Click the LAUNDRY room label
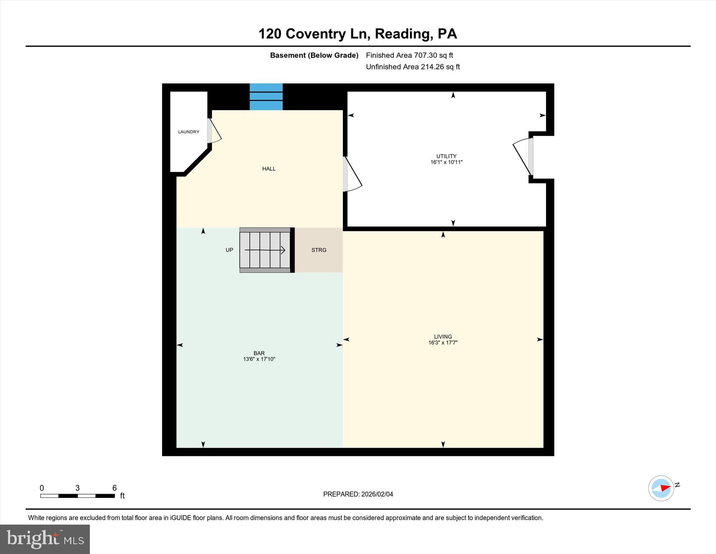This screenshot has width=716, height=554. [x=188, y=132]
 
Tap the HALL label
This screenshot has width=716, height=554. [x=269, y=169]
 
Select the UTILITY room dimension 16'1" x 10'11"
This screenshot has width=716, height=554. [x=446, y=162]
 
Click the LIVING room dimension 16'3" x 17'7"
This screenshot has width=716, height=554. [x=443, y=343]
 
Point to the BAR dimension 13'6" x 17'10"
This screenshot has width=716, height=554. [x=259, y=359]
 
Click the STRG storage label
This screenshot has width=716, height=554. [x=319, y=250]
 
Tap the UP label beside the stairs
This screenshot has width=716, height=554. [x=229, y=250]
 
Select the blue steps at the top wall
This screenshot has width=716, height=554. [x=266, y=97]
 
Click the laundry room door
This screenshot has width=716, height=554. [x=214, y=131]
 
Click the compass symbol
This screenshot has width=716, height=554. [x=661, y=488]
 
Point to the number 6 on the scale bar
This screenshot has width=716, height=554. [x=114, y=488]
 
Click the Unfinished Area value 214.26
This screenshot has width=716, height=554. [x=432, y=67]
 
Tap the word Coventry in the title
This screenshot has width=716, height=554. [x=316, y=34]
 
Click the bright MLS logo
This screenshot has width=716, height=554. [x=45, y=539]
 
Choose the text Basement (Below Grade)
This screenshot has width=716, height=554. [x=314, y=55]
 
